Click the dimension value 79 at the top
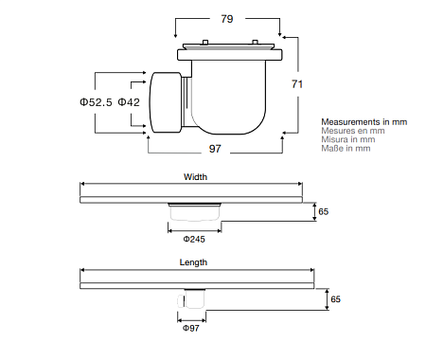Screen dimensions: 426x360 227,19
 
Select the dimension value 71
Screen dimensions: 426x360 297,84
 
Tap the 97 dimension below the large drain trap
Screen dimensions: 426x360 215,149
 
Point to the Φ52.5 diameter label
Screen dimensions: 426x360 96,102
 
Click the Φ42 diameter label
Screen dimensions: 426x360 129,102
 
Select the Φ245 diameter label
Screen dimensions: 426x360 194,239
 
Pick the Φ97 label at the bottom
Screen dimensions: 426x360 191,328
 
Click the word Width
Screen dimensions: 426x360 195,177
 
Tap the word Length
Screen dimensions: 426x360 193,262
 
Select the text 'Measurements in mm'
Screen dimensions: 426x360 364,122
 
